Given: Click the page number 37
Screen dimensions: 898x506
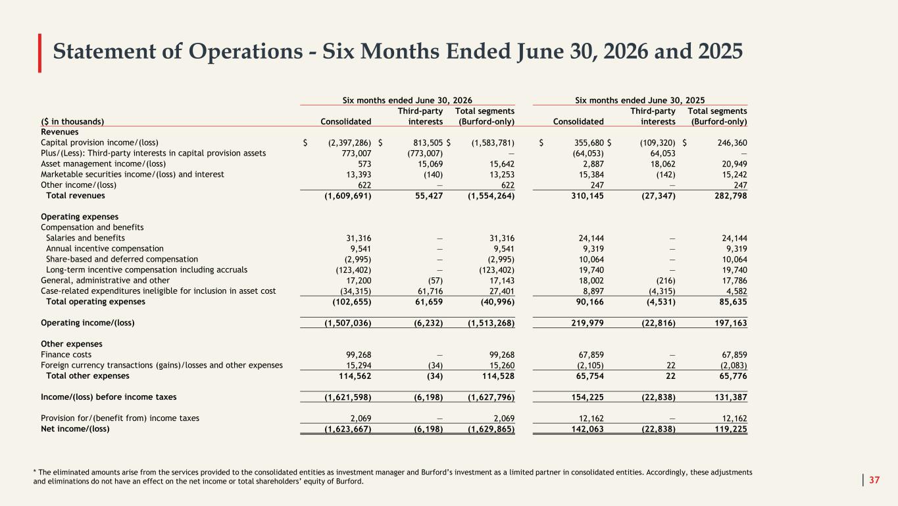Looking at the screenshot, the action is click(x=874, y=480).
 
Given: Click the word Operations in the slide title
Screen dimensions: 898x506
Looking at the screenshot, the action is click(x=245, y=52).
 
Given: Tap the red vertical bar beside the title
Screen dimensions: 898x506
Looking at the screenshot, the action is click(x=39, y=53).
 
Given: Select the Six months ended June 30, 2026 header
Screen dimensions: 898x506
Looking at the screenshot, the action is click(x=407, y=100).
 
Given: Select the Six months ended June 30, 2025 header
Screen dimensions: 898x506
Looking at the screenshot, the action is click(x=640, y=100).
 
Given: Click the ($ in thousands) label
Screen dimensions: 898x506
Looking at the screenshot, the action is click(x=72, y=122).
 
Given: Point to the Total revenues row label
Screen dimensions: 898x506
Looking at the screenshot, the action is click(x=76, y=196).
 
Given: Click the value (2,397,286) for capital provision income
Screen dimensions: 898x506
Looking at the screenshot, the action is click(x=349, y=143).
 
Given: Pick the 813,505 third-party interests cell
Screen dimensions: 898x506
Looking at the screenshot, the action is click(x=428, y=143).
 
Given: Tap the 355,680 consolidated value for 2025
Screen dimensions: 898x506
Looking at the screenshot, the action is click(x=589, y=143).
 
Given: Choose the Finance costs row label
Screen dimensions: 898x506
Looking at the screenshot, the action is click(x=66, y=354).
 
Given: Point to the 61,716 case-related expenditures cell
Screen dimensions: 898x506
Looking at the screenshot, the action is click(x=430, y=291).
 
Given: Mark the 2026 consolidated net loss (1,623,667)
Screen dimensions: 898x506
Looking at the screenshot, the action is click(x=347, y=430).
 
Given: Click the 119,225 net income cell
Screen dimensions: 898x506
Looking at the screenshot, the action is click(x=731, y=430).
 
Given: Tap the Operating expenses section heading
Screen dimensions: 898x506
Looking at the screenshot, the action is click(x=80, y=217).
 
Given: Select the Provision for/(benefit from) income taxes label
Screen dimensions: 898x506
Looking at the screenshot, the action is click(x=120, y=418).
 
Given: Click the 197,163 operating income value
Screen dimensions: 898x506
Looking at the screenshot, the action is click(x=731, y=323).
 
